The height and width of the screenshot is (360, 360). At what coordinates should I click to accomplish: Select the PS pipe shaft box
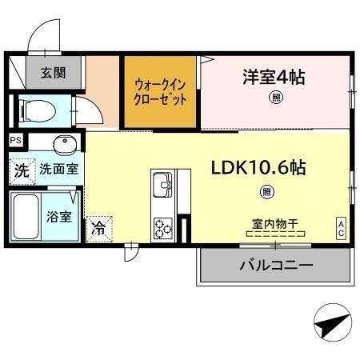16,140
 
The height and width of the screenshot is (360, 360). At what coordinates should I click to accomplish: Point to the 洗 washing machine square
22,170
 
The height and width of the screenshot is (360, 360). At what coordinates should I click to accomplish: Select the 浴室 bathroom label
58,216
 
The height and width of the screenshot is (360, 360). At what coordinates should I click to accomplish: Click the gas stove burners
162,227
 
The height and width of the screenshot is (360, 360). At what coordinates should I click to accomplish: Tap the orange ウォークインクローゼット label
160,91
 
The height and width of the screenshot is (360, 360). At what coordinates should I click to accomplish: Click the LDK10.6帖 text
258,169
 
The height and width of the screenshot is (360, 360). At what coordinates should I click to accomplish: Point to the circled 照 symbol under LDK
267,191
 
